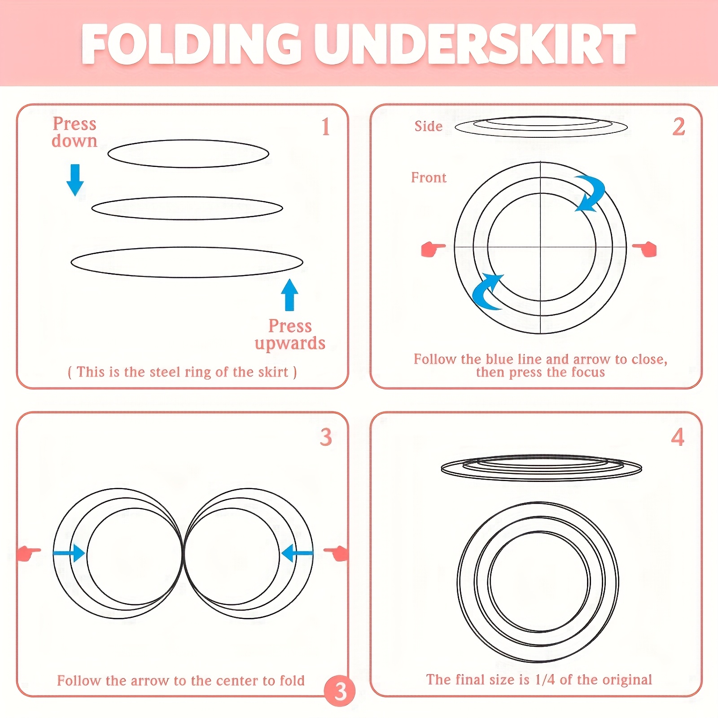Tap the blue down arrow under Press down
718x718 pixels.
(75, 180)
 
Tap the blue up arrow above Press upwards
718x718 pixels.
(289, 295)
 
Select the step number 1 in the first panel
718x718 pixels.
(326, 127)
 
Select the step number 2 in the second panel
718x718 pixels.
(679, 127)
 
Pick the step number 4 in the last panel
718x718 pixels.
(678, 437)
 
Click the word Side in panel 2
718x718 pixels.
(429, 127)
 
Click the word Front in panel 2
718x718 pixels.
(429, 178)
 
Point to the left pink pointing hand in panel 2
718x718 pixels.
(433, 249)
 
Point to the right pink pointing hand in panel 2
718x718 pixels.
(645, 249)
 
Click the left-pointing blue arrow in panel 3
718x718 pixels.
(297, 553)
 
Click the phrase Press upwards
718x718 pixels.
(290, 334)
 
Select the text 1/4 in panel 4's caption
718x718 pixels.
(545, 680)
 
